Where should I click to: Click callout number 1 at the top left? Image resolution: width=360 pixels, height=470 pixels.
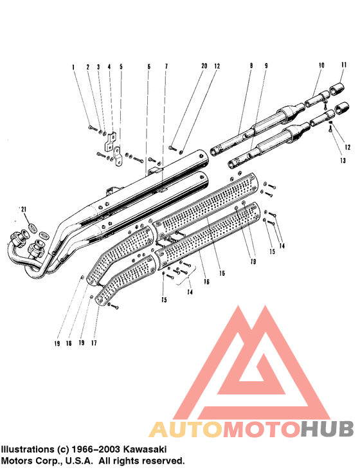point(73,67)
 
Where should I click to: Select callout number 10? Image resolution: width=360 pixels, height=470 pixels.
point(321,66)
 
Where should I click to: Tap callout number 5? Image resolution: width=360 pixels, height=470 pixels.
point(121,67)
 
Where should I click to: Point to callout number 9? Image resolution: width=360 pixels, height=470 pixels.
point(266,66)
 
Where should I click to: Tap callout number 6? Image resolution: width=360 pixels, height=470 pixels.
point(148,67)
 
